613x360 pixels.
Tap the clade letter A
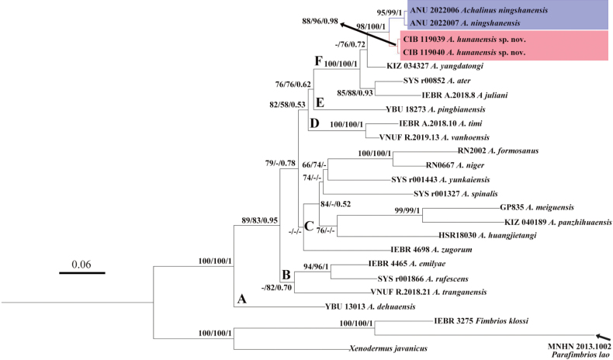coord(241,299)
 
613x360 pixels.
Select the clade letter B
coord(286,274)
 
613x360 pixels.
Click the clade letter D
coord(314,123)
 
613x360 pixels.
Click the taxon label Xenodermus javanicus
coord(383,349)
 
